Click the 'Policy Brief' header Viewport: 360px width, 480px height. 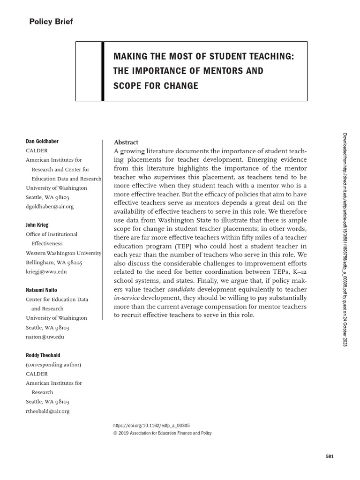[x=51, y=22]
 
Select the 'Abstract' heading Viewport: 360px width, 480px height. [x=126, y=142]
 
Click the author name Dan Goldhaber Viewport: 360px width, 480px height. [x=42, y=142]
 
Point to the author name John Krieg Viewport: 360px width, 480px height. [x=37, y=225]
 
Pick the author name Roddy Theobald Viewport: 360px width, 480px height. [x=43, y=355]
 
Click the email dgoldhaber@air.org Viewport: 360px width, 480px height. [x=50, y=206]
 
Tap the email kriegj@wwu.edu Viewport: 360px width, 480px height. [x=46, y=271]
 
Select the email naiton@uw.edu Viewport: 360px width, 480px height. [x=45, y=337]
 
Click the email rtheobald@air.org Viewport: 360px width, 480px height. [x=48, y=411]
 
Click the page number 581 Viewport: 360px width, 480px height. [x=329, y=457]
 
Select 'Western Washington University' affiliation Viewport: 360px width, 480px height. [x=63, y=253]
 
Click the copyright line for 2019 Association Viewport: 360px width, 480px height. [x=163, y=433]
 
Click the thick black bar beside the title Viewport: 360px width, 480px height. [x=103, y=71]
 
